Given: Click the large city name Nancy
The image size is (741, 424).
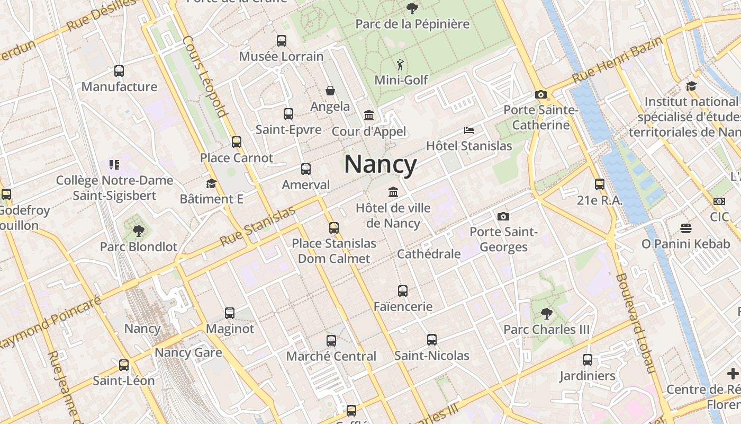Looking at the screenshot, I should pyautogui.click(x=380, y=164).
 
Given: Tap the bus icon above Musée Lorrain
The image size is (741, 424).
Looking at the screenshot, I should pyautogui.click(x=282, y=41).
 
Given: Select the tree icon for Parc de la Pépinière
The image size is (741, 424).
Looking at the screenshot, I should pyautogui.click(x=412, y=8).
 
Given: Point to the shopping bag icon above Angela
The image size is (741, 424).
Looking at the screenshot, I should pyautogui.click(x=330, y=91).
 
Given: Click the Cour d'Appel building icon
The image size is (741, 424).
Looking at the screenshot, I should pyautogui.click(x=369, y=115).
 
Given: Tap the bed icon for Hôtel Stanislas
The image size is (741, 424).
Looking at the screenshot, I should pyautogui.click(x=469, y=130).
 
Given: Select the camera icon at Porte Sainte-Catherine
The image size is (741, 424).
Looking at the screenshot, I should pyautogui.click(x=540, y=94).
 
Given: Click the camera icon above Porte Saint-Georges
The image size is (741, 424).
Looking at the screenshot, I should pyautogui.click(x=503, y=216).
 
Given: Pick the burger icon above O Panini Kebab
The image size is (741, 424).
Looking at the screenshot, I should pyautogui.click(x=686, y=228).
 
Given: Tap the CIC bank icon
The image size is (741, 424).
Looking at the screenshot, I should pyautogui.click(x=719, y=201).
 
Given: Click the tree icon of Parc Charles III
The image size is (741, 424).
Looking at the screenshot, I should pyautogui.click(x=546, y=314).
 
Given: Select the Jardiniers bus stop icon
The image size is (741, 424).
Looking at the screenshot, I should pyautogui.click(x=588, y=360).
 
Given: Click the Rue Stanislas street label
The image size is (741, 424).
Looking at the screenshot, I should pyautogui.click(x=258, y=226).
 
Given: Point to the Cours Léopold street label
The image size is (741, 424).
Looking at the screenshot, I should pyautogui.click(x=205, y=76).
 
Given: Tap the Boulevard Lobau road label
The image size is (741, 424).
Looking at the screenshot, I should pyautogui.click(x=635, y=323).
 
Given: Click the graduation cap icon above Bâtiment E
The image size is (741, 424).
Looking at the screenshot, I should pyautogui.click(x=211, y=183).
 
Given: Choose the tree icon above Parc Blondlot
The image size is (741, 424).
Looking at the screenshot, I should pyautogui.click(x=139, y=231).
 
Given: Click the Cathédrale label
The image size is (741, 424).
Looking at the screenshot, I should pyautogui.click(x=429, y=254).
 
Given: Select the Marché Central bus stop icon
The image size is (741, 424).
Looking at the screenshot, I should pyautogui.click(x=331, y=341).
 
